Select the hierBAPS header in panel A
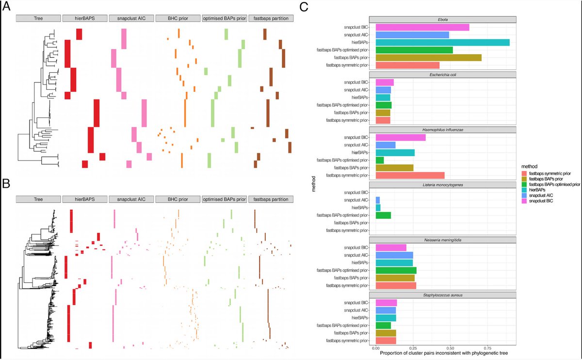click(84, 18)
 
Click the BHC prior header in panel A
click(178, 18)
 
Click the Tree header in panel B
click(38, 199)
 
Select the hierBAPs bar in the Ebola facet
click(442, 42)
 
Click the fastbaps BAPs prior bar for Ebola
click(428, 57)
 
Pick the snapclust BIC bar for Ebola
click(422, 27)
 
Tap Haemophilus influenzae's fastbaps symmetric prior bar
click(410, 175)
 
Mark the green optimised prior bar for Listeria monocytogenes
click(383, 215)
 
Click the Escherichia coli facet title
click(445, 75)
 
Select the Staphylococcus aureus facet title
click(445, 295)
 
